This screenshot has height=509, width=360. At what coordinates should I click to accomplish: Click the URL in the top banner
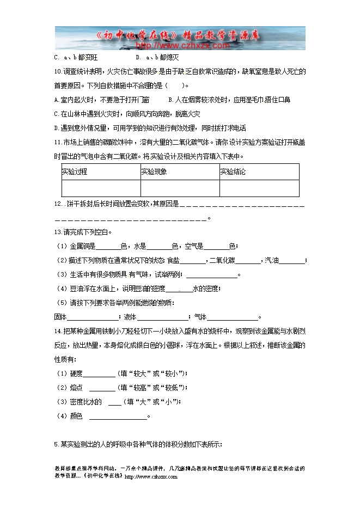point(173,46)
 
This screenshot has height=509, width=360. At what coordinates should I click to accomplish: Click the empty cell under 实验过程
point(101,188)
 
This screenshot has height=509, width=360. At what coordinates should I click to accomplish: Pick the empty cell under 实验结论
point(259,188)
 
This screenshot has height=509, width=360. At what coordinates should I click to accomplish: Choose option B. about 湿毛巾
point(229,100)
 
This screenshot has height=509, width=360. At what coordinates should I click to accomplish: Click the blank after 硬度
point(99,374)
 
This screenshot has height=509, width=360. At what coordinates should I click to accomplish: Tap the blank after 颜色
point(118,417)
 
